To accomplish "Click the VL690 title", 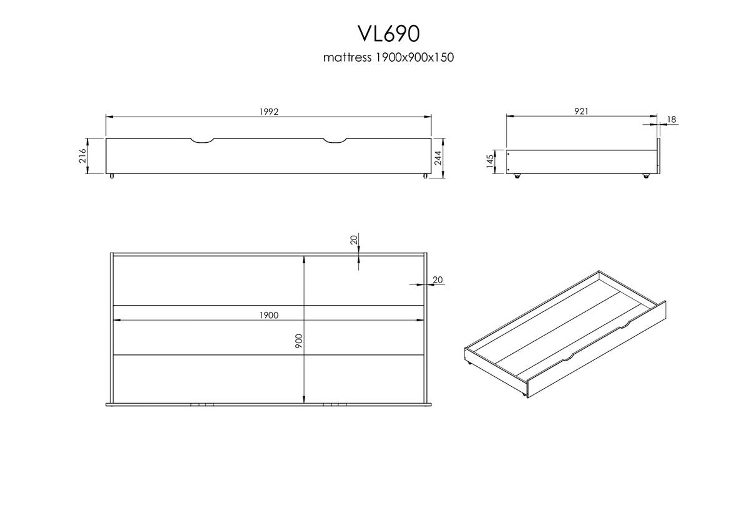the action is [389, 34].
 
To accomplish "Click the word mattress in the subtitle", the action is [347, 57].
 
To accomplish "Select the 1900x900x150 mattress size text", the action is [415, 57].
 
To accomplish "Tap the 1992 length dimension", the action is [269, 112].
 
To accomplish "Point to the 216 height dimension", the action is [82, 156].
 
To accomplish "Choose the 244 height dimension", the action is [438, 158].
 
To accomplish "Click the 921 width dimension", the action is [581, 111].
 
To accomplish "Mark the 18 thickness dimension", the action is [672, 119].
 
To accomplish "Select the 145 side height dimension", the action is [490, 161].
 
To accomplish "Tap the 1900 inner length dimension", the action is [269, 315].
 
